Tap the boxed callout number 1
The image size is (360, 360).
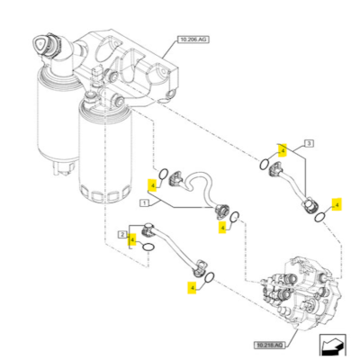click(142, 204)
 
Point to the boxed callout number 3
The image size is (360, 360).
click(309, 144)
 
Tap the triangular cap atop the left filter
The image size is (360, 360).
click(40, 44)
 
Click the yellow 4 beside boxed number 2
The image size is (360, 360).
click(132, 239)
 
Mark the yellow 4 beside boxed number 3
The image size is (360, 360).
click(282, 149)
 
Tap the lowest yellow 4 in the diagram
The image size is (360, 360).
click(192, 288)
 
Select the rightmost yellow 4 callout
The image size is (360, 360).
click(336, 204)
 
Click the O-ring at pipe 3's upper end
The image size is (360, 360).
click(260, 164)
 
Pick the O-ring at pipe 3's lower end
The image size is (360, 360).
click(317, 217)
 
